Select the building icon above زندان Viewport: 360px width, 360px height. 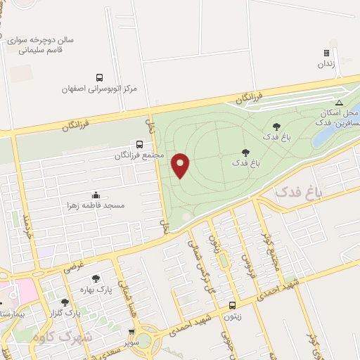[326, 53]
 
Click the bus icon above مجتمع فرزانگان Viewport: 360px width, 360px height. [139, 144]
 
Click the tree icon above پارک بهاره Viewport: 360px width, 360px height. [96, 278]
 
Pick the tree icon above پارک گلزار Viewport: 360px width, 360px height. [65, 302]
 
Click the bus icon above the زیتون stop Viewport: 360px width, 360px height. [232, 305]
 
